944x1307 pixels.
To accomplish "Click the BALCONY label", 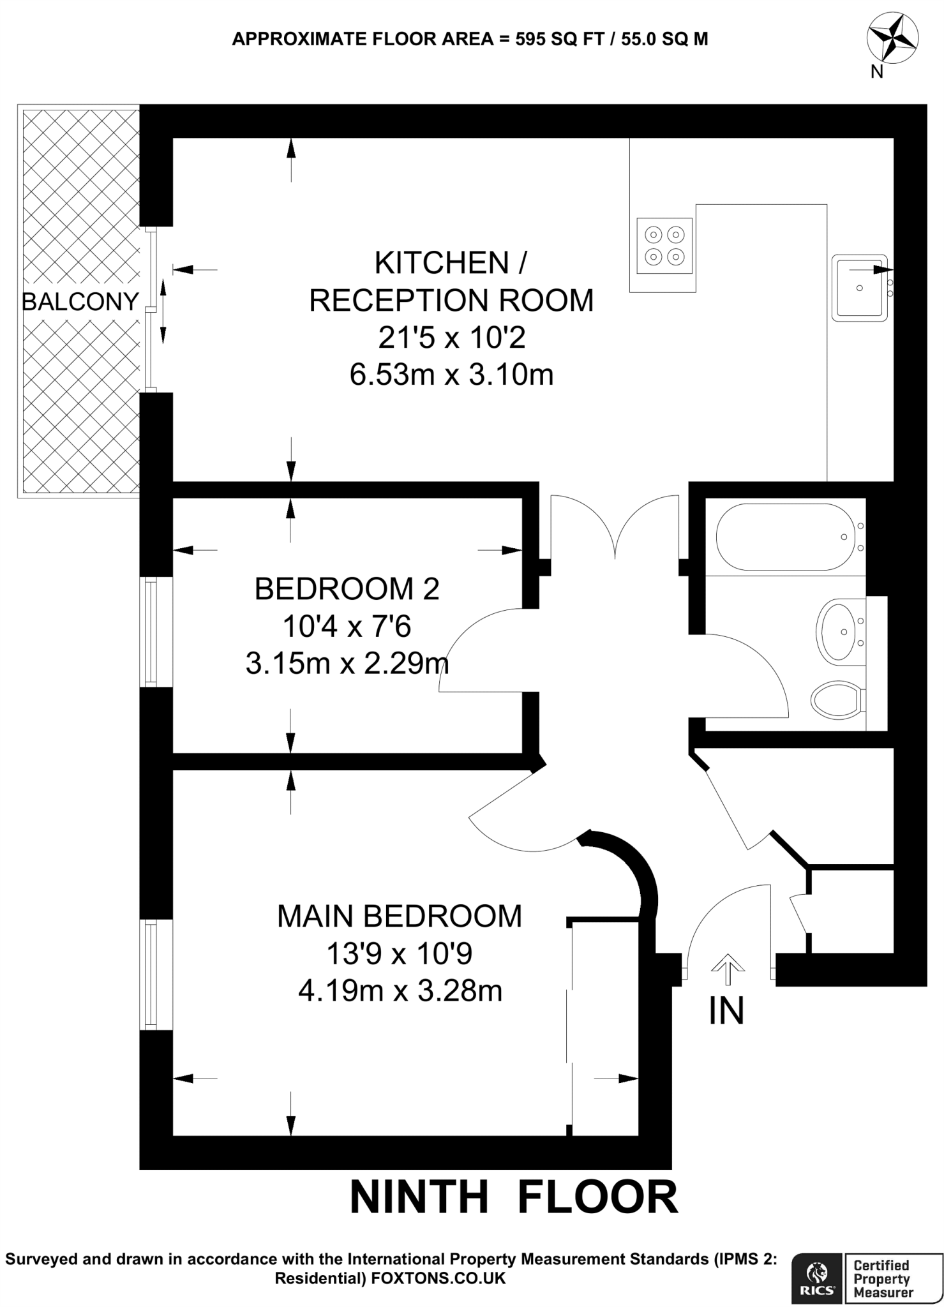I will tap(80, 301).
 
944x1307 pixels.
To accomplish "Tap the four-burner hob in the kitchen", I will tap(664, 246).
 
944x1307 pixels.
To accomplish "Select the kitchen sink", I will tap(859, 288).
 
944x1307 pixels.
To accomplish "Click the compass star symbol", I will tap(892, 38).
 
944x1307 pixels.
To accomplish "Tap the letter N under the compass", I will tap(877, 72).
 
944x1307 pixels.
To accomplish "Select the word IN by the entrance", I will tap(727, 1012).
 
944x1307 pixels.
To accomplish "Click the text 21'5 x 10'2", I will tap(451, 338).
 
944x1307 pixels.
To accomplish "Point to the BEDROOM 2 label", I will tap(347, 589).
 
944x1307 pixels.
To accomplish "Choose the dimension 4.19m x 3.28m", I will tap(400, 992).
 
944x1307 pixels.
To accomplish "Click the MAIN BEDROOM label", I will tap(400, 917).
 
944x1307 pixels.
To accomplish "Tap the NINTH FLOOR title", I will tap(514, 1197).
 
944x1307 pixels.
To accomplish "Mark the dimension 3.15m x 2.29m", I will tap(347, 664).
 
